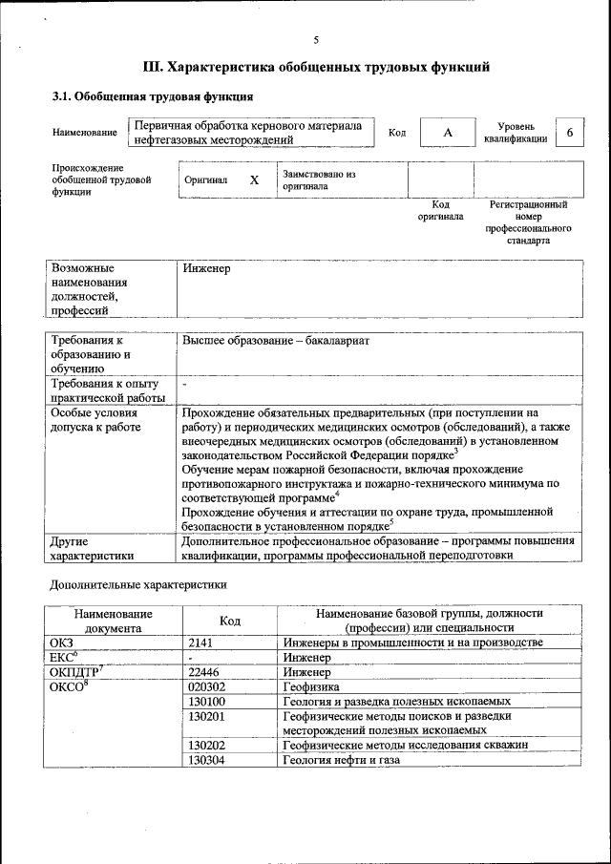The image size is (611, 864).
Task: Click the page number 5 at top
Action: click(316, 39)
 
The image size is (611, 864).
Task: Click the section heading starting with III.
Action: click(316, 68)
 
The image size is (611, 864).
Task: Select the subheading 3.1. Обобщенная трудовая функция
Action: click(152, 96)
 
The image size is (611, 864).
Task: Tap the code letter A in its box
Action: click(447, 133)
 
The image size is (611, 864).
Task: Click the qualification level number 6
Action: click(570, 133)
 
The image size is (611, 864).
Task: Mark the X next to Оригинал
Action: click(254, 180)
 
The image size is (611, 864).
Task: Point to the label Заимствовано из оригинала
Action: click(319, 180)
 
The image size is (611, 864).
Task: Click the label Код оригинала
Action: click(440, 210)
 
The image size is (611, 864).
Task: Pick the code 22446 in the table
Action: click(204, 672)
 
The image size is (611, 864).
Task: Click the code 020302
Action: click(207, 686)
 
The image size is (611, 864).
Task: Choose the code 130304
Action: click(207, 760)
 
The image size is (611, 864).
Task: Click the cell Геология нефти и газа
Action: click(341, 760)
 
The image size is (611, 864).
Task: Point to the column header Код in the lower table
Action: click(229, 621)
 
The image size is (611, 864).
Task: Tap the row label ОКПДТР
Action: click(75, 672)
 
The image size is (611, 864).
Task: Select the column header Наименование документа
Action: click(113, 621)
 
